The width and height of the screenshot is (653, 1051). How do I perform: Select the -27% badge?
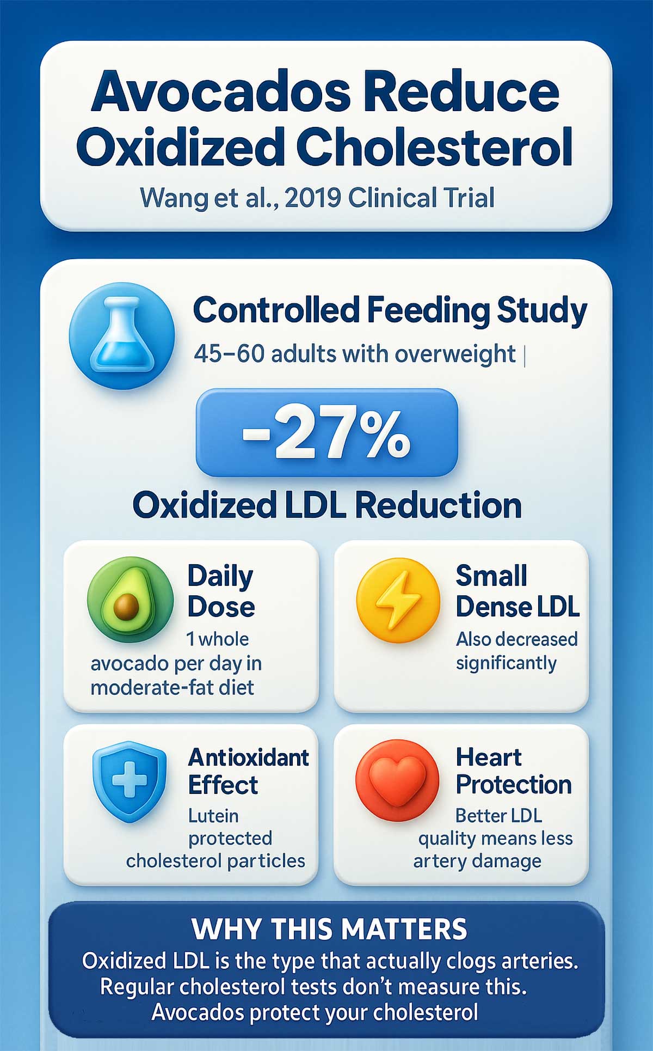(326, 432)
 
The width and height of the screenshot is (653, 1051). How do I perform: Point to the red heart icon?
(397, 780)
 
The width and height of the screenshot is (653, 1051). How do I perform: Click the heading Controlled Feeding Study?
(390, 310)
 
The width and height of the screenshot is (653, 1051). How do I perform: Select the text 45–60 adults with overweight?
(354, 355)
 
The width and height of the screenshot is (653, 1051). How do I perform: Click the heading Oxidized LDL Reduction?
(327, 505)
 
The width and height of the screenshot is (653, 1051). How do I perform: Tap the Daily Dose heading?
(221, 591)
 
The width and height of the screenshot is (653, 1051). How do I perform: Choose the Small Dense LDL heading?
(517, 591)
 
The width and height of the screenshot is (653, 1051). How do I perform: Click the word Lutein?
(213, 815)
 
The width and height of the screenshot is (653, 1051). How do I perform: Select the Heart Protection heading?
(513, 771)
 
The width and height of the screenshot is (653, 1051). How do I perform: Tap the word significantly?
(506, 663)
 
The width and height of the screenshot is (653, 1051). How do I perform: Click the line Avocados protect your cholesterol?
(315, 1012)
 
